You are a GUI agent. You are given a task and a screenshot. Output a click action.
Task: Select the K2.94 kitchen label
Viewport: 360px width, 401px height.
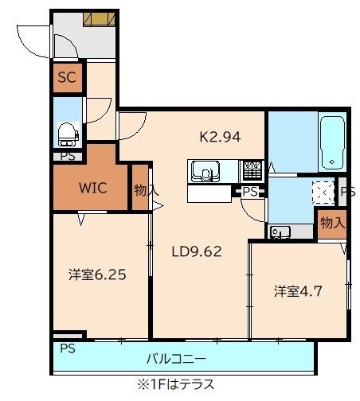pyautogui.click(x=220, y=136)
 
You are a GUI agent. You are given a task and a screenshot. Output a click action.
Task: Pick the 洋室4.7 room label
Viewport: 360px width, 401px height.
pyautogui.click(x=299, y=291)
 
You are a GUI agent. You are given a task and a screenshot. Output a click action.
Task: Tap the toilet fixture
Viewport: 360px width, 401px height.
pyautogui.click(x=67, y=133)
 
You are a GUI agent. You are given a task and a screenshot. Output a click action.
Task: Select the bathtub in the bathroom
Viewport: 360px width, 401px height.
pyautogui.click(x=331, y=143)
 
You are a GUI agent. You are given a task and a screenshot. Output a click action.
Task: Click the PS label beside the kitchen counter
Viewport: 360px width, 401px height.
pyautogui.click(x=250, y=192)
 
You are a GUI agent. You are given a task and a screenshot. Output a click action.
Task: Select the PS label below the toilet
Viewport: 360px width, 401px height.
pyautogui.click(x=68, y=156)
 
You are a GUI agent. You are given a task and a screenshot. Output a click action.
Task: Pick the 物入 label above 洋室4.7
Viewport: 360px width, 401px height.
pyautogui.click(x=332, y=224)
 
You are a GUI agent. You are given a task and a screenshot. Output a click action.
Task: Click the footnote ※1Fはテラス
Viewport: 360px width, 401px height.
pyautogui.click(x=175, y=384)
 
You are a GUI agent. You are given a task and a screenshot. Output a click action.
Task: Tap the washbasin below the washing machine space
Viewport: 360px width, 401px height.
pyautogui.click(x=280, y=232)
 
